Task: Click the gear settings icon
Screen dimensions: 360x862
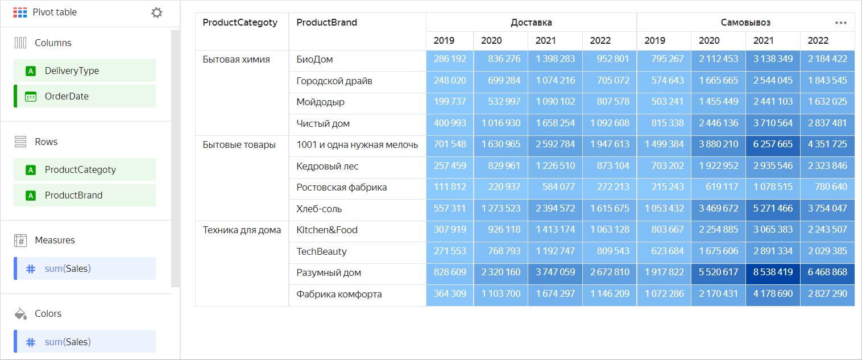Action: [x=156, y=13]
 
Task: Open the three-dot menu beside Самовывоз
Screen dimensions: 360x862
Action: [x=840, y=23]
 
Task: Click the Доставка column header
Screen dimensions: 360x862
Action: [x=531, y=23]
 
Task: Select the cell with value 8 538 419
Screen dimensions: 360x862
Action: [x=773, y=272]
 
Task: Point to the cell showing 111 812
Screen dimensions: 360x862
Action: [x=450, y=187]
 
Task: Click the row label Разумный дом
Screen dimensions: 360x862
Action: [x=329, y=272]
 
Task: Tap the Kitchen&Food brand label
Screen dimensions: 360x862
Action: [x=327, y=230]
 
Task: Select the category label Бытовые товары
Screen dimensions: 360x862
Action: [x=239, y=144]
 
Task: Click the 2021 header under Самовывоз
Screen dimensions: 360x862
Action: [x=763, y=40]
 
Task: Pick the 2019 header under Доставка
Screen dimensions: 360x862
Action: [x=444, y=40]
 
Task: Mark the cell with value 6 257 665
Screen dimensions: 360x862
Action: [x=773, y=144]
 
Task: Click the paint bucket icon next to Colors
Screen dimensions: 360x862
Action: [x=20, y=313]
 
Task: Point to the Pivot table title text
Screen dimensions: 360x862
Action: [x=55, y=13]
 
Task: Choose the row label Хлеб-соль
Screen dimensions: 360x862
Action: [x=319, y=209]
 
